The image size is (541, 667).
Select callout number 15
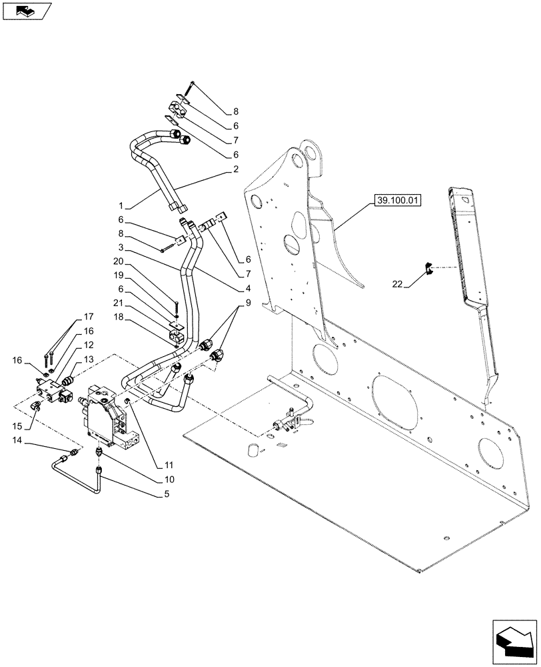(20, 425)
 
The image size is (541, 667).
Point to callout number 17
(88, 317)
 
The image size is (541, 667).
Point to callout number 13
(88, 361)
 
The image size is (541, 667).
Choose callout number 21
(118, 303)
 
